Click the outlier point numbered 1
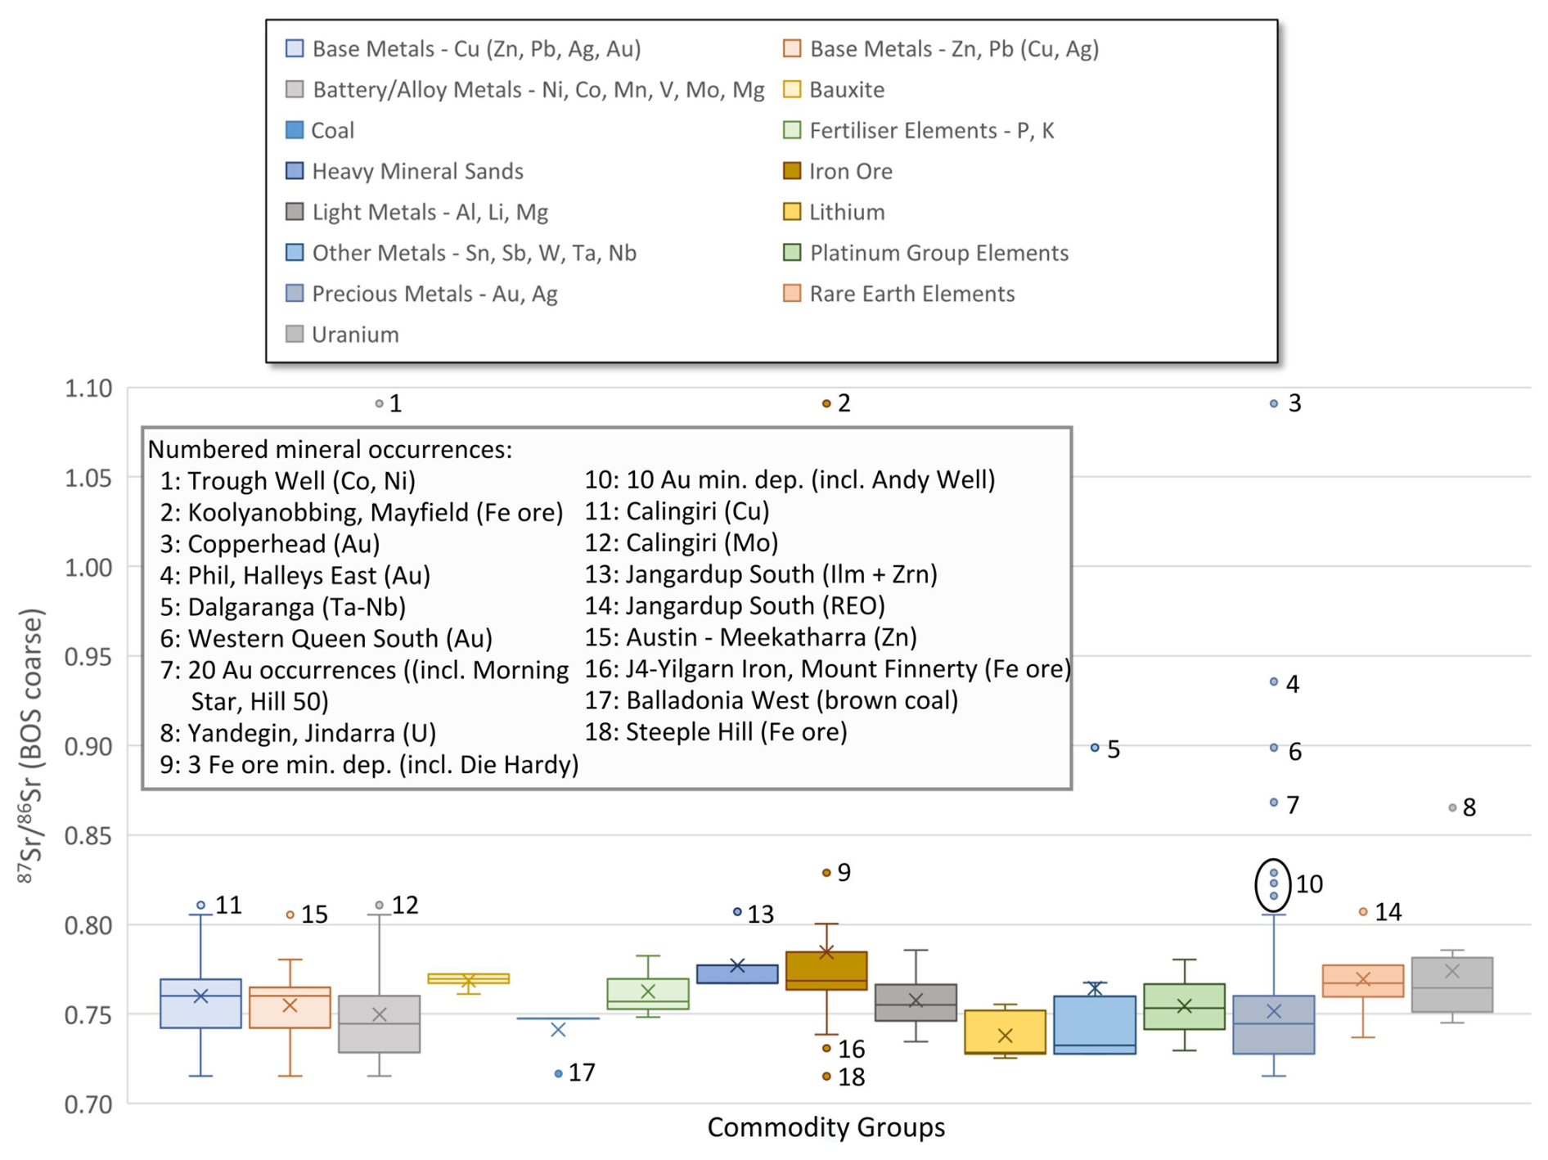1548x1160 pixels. tap(379, 403)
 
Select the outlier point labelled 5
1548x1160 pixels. tap(1095, 748)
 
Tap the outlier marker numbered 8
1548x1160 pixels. tap(1452, 807)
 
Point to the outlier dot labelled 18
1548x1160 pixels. tap(826, 1077)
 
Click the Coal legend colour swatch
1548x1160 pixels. tap(295, 130)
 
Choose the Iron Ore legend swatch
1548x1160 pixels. tap(791, 171)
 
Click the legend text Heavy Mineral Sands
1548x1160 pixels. tap(417, 171)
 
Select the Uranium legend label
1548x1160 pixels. tap(355, 335)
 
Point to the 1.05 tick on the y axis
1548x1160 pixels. tap(88, 478)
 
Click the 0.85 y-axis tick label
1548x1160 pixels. tap(88, 836)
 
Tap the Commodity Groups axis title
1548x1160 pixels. tap(826, 1127)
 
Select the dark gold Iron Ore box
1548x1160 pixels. tap(826, 971)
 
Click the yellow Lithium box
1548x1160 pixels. tap(1005, 1032)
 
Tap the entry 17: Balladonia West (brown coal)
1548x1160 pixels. tap(771, 701)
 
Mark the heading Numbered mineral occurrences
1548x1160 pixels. tap(330, 449)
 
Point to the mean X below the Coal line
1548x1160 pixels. tap(558, 1030)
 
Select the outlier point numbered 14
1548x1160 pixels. tap(1363, 911)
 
